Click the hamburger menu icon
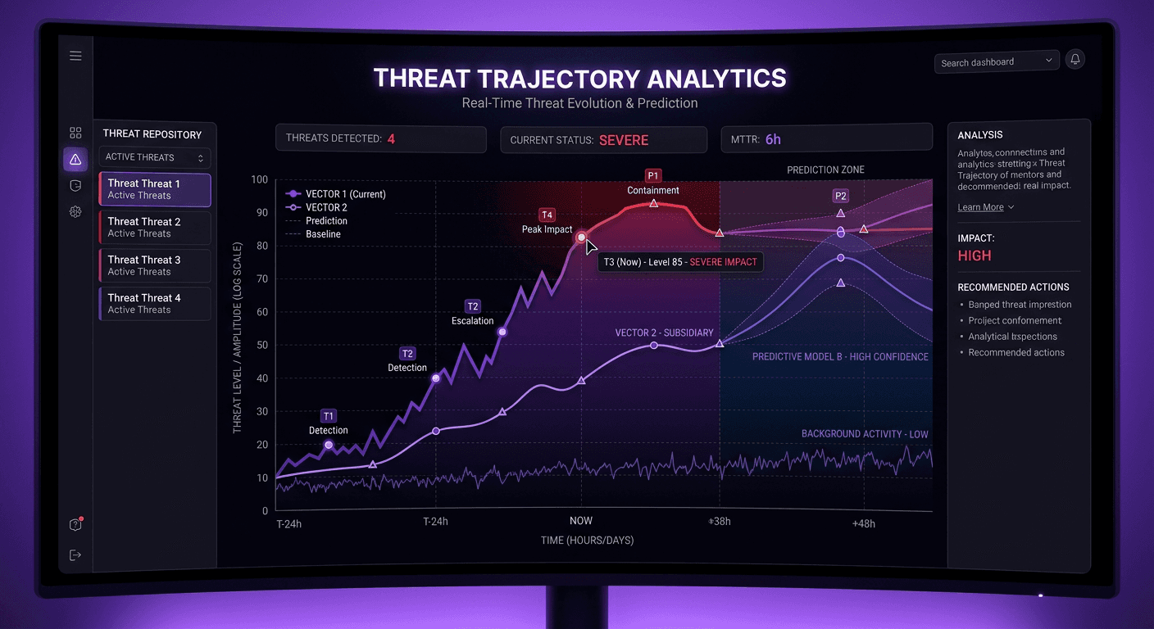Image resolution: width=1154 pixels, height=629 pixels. click(75, 56)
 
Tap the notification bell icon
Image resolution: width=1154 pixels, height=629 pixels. click(1074, 59)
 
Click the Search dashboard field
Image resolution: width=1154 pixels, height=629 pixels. click(990, 62)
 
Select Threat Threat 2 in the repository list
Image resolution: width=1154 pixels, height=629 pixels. click(155, 227)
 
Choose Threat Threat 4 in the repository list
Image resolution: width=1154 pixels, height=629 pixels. click(155, 303)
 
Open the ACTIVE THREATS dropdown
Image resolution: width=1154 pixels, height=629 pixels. click(155, 157)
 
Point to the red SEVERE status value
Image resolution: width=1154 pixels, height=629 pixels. click(623, 140)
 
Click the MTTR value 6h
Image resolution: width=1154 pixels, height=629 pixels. click(773, 139)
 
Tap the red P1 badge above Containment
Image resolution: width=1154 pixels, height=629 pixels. click(652, 175)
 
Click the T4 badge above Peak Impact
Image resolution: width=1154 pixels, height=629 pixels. click(547, 215)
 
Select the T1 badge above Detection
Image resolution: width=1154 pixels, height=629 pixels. click(328, 415)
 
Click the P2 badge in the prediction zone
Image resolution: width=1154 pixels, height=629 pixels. click(840, 196)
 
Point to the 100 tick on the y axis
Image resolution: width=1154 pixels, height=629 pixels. click(260, 179)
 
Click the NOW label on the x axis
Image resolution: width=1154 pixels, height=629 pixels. click(581, 521)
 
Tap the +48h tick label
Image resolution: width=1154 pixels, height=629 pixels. click(863, 524)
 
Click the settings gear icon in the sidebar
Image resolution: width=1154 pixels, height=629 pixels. click(75, 211)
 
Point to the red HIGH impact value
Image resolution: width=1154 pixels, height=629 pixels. click(975, 256)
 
